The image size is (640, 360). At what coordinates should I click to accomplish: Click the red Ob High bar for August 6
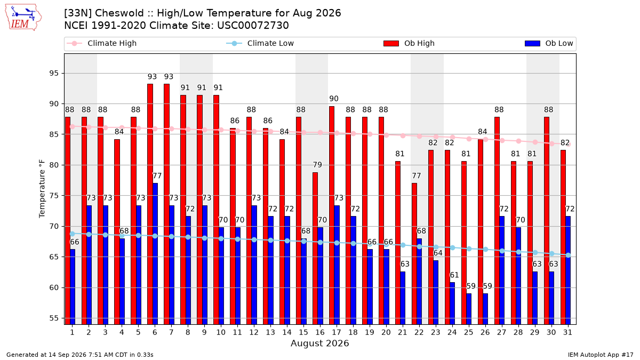(x=150, y=204)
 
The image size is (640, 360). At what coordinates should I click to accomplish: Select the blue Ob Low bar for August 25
(x=469, y=309)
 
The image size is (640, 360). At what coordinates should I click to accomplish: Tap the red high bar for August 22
(x=414, y=254)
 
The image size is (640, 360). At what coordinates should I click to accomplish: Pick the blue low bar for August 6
(x=155, y=254)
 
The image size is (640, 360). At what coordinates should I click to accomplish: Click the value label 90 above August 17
(x=334, y=99)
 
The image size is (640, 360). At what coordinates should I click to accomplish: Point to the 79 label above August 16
(x=317, y=165)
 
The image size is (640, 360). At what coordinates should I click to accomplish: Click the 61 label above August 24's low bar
(x=454, y=275)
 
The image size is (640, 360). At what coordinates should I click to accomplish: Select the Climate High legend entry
(x=102, y=43)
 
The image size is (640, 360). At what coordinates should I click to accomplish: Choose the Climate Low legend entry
(x=260, y=43)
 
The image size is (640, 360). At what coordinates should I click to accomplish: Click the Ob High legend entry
(x=409, y=43)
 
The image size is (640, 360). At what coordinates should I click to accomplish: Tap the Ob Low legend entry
(x=549, y=43)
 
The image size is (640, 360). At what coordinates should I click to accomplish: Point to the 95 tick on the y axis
(x=54, y=74)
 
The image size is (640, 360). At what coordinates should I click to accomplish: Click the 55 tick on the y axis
(x=54, y=318)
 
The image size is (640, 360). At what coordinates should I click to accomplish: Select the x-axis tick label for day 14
(x=287, y=333)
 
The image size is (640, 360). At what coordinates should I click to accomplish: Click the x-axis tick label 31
(x=567, y=333)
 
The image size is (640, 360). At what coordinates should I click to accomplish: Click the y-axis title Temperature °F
(x=42, y=189)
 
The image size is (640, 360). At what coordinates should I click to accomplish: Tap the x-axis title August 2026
(x=319, y=343)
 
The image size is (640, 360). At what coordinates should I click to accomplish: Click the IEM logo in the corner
(x=23, y=18)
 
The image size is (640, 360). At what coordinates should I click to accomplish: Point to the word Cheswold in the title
(x=119, y=13)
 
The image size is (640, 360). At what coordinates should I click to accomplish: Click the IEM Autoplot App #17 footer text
(x=601, y=355)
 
